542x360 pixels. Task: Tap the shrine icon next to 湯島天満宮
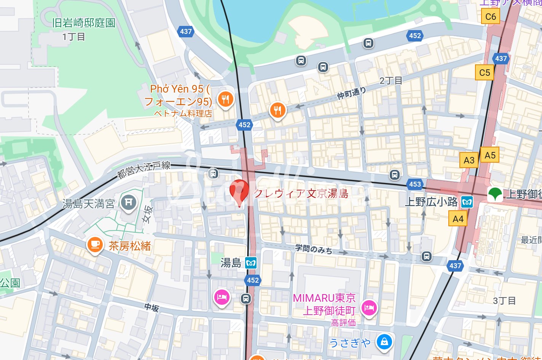[129, 202]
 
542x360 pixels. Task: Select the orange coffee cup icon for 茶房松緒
[95, 245]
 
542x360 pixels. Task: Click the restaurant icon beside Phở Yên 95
[225, 99]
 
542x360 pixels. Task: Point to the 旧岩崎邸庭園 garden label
[84, 23]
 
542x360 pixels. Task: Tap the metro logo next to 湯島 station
[250, 263]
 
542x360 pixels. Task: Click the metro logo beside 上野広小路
[467, 202]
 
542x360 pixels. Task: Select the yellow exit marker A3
[469, 160]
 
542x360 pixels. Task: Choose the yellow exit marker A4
[458, 219]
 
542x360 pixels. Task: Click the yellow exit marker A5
[490, 155]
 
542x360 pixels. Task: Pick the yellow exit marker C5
[485, 72]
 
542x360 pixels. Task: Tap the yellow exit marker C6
[491, 17]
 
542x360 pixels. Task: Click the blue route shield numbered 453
[415, 184]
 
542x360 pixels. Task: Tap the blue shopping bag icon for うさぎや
[384, 341]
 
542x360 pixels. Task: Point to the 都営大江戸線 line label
[144, 169]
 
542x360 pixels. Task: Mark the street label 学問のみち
[314, 249]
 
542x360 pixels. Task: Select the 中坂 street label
[151, 307]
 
